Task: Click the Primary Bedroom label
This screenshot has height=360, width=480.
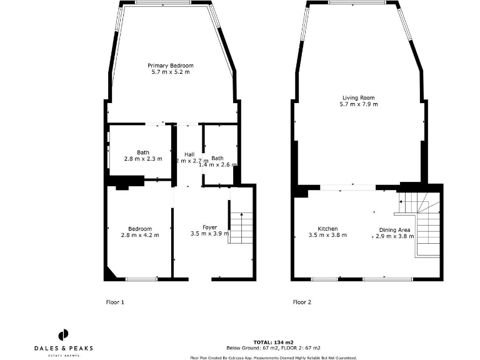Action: click(x=170, y=66)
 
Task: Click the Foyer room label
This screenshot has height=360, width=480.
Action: click(x=210, y=227)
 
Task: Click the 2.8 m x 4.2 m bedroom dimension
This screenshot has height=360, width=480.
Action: click(x=140, y=236)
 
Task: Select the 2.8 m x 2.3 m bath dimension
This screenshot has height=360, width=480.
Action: click(x=143, y=159)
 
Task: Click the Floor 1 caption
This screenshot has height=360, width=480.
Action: click(x=115, y=302)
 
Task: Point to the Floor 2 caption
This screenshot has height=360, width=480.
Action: click(x=302, y=302)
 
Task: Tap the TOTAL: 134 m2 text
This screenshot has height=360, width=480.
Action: click(x=273, y=342)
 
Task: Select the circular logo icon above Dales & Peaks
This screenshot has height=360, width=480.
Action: click(x=63, y=334)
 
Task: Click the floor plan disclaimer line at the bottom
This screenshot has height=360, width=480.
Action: click(x=273, y=357)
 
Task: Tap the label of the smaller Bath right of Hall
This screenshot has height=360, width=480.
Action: click(x=217, y=158)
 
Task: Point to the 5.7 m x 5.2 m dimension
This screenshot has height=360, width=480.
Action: click(x=170, y=72)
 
